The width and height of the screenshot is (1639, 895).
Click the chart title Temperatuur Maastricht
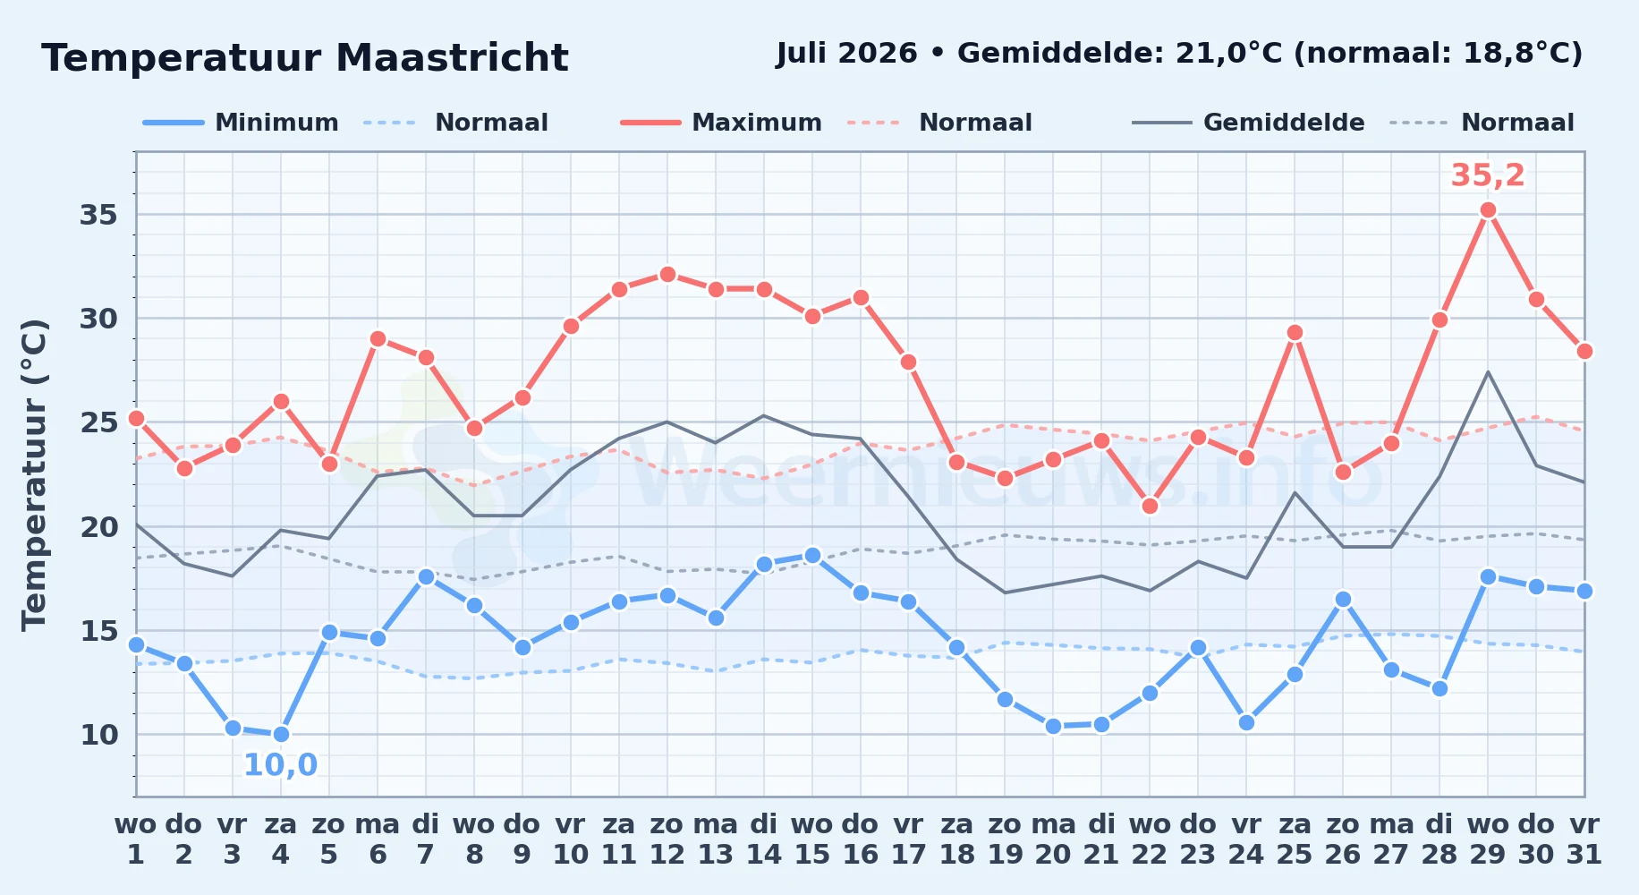(x=305, y=58)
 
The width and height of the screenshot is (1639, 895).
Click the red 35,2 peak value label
(x=1488, y=175)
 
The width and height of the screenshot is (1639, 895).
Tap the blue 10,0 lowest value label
(x=280, y=765)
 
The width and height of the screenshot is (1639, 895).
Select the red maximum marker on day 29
(x=1488, y=210)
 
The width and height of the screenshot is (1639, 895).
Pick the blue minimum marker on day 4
(x=281, y=735)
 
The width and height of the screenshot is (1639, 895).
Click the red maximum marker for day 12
(x=667, y=274)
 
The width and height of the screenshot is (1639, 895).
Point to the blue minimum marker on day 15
(x=812, y=556)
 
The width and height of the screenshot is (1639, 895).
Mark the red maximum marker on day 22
(x=1150, y=507)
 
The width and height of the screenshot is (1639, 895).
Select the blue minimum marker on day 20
(x=1053, y=727)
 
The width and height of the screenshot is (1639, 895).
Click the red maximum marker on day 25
(x=1295, y=333)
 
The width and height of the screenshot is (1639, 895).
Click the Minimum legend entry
(x=242, y=123)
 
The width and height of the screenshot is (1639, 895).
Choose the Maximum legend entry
(x=722, y=123)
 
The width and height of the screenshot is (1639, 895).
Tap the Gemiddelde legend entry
(x=1249, y=123)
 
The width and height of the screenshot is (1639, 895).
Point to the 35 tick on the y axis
(x=99, y=215)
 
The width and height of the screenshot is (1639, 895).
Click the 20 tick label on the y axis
(x=99, y=527)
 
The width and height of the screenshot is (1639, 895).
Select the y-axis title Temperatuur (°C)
(x=34, y=474)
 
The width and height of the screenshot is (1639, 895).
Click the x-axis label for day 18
(x=956, y=840)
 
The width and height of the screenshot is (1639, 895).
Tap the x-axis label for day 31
(x=1584, y=840)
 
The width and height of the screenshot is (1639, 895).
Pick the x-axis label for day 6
(x=378, y=840)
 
